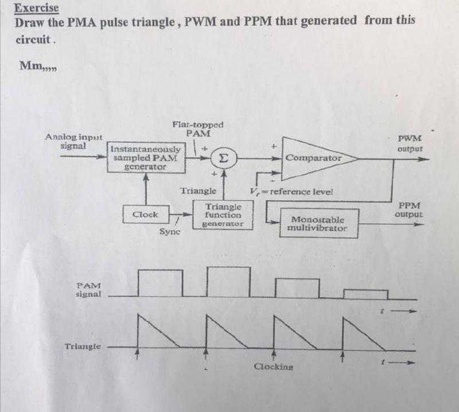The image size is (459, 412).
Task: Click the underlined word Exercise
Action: point(36,9)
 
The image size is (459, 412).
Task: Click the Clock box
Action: point(145,215)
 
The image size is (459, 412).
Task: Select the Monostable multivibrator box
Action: point(318,223)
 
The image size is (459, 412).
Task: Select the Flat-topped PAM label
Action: point(198,129)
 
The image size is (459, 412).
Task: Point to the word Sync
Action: point(170,232)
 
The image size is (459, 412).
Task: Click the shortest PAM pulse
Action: point(365,294)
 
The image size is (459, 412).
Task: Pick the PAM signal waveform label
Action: point(88,289)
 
